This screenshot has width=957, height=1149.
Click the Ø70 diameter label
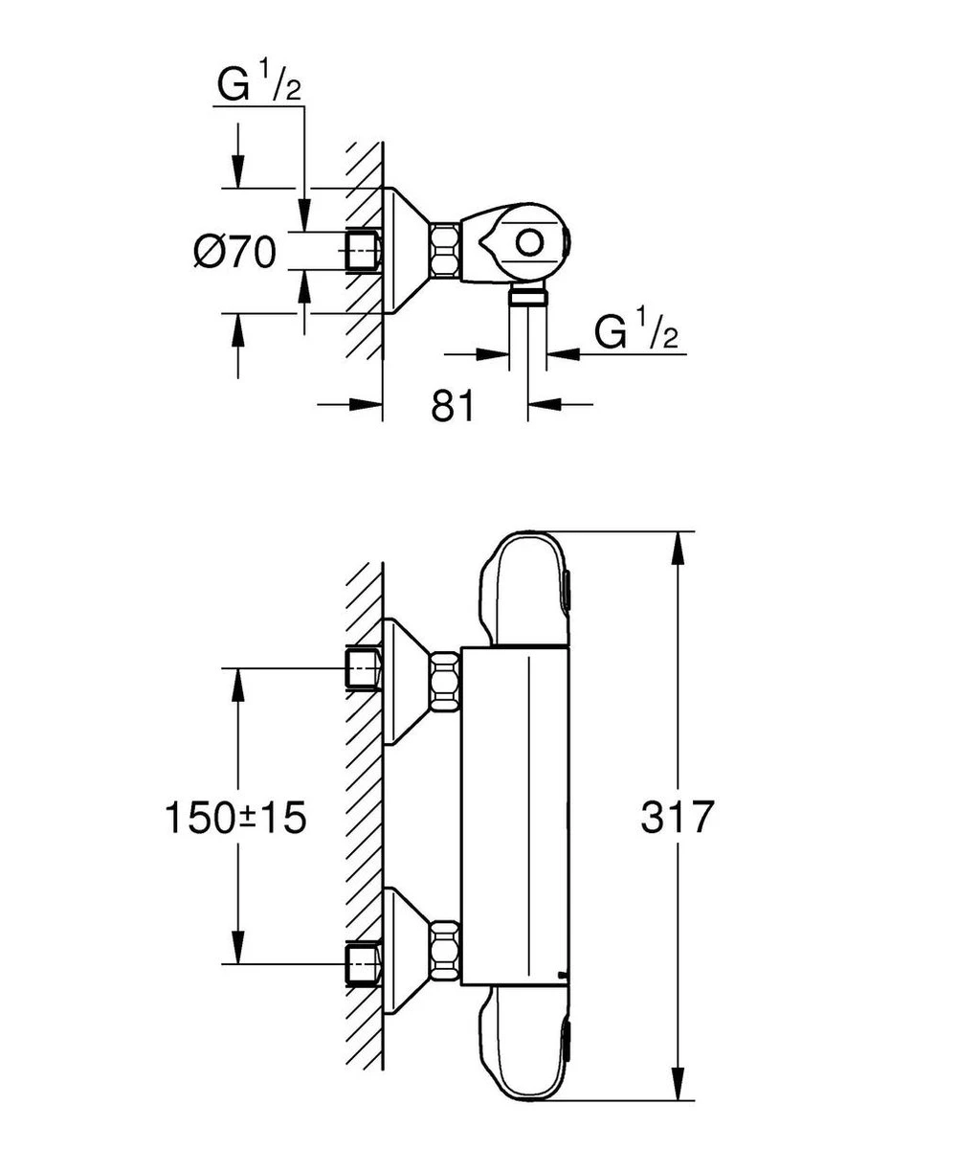tap(234, 252)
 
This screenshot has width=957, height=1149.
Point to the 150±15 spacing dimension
tap(235, 818)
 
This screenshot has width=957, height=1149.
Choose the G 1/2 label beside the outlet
tap(636, 332)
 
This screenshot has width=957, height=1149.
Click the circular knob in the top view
tap(529, 242)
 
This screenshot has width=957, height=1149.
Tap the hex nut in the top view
tap(444, 251)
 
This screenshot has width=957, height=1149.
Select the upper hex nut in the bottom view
tap(444, 681)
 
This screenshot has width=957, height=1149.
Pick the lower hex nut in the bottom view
tap(444, 950)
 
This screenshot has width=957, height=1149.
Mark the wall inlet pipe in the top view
tap(363, 251)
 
